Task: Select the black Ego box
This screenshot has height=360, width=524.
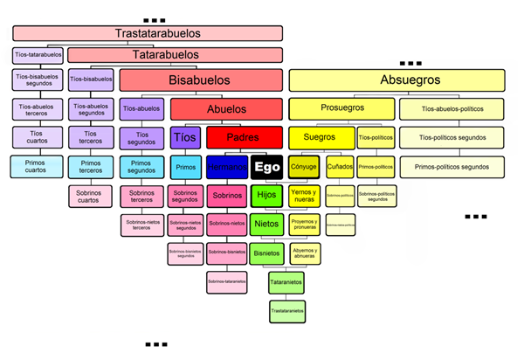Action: (266, 166)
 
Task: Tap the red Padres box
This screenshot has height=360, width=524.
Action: (243, 137)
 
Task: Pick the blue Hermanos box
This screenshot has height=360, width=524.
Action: (227, 167)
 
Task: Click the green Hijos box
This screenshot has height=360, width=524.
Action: (266, 195)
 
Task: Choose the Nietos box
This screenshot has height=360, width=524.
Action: (266, 224)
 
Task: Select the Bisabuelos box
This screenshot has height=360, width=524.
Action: (201, 80)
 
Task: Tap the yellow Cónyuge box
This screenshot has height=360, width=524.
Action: (304, 166)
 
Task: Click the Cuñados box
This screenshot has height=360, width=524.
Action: (340, 166)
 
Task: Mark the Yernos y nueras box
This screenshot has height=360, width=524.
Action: (304, 196)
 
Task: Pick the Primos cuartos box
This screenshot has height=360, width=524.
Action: (37, 165)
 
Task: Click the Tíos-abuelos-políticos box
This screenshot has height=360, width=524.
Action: (452, 109)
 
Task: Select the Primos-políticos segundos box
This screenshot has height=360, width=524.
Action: (452, 166)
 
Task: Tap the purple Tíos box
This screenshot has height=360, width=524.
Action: (185, 137)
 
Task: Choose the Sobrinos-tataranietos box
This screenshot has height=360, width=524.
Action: (228, 281)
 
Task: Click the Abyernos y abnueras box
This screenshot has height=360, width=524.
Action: (305, 253)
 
